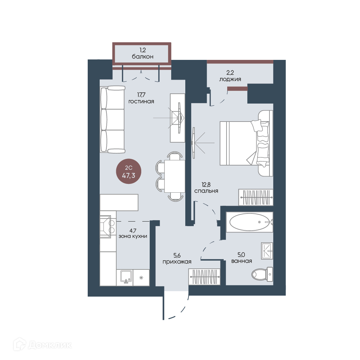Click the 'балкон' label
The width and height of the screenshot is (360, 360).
[142, 56]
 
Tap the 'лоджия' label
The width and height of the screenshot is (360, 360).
[230, 79]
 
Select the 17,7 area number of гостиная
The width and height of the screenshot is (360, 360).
[141, 95]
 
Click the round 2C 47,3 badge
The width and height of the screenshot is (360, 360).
[129, 172]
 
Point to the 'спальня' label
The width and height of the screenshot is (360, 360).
[206, 191]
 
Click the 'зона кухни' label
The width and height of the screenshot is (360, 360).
[133, 236]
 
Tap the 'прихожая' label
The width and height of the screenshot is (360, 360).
[177, 262]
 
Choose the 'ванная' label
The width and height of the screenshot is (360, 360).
[242, 261]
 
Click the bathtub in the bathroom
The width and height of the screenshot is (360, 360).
[249, 222]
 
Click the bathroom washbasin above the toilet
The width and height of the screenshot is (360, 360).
[267, 251]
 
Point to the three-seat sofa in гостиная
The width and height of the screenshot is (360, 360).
[112, 119]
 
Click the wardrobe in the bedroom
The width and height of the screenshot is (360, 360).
[256, 197]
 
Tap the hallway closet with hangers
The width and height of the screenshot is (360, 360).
[205, 277]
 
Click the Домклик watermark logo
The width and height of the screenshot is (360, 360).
[43, 345]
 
